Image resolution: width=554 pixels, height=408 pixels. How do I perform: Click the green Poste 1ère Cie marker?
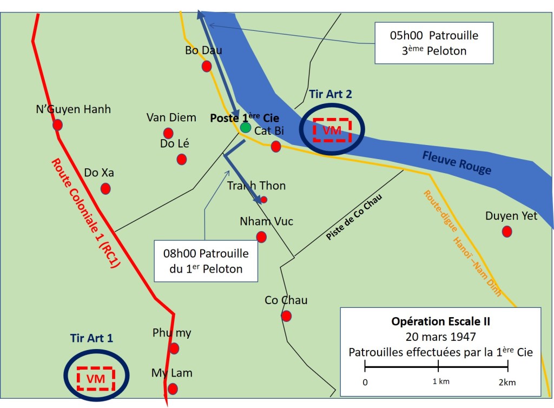tap(246, 128)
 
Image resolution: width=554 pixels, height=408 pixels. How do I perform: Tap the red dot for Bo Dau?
tap(207, 66)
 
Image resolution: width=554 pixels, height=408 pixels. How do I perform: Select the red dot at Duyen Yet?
tap(507, 232)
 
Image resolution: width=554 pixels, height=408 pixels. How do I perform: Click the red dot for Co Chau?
tap(286, 316)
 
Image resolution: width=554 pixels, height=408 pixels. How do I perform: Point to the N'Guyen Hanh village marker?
tap(57, 125)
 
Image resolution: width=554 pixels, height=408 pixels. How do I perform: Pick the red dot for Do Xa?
tap(105, 189)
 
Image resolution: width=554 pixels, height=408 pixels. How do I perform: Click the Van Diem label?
tap(172, 117)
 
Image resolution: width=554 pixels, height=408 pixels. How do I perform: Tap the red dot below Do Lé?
tap(182, 159)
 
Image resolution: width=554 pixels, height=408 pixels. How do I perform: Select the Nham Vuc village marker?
tap(261, 236)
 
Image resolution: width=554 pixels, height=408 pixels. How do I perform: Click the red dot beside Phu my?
tap(174, 348)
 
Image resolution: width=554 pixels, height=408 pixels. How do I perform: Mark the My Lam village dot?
tap(173, 389)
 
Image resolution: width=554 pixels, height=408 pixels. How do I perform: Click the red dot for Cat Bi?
tap(276, 146)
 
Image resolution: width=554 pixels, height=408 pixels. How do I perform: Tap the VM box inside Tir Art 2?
tap(332, 130)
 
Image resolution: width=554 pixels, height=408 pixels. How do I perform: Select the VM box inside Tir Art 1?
tap(96, 378)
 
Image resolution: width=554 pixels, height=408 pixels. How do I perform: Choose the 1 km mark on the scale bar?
tap(438, 368)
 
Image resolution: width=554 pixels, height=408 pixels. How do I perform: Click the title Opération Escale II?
tap(440, 321)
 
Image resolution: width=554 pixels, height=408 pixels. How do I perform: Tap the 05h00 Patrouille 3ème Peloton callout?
tap(434, 43)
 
